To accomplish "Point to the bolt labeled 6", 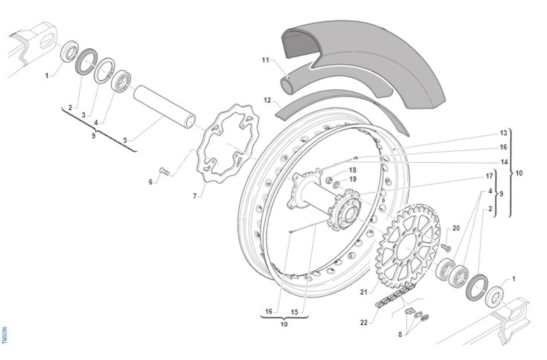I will [165, 172].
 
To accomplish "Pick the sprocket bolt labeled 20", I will [445, 246].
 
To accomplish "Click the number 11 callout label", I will [266, 60].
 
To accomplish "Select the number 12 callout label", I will [268, 99].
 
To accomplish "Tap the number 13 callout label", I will [503, 133].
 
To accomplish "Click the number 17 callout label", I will [490, 176].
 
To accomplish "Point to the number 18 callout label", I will [352, 170].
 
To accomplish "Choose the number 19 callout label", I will [352, 179].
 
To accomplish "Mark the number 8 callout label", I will [400, 334].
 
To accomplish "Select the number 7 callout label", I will [195, 196].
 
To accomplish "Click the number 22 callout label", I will [363, 323].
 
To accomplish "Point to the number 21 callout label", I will [363, 292].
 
